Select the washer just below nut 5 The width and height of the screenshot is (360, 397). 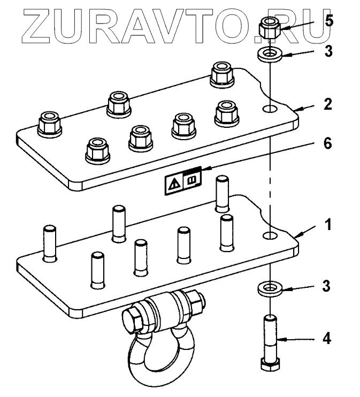[270, 54]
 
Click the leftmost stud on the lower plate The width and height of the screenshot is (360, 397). [49, 243]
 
